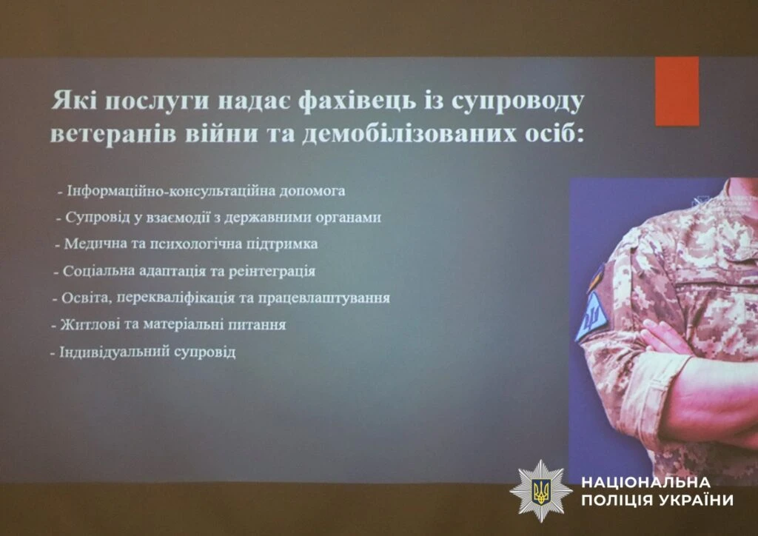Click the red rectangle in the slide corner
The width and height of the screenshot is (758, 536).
pos(677,91)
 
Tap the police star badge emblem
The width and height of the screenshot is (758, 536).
pos(541,491)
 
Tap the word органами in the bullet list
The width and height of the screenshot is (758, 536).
pos(348,218)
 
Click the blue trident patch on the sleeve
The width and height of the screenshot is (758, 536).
pos(591,317)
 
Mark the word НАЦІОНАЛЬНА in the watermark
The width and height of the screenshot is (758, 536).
pos(645,483)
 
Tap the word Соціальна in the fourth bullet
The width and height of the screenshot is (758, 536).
pos(98,271)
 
